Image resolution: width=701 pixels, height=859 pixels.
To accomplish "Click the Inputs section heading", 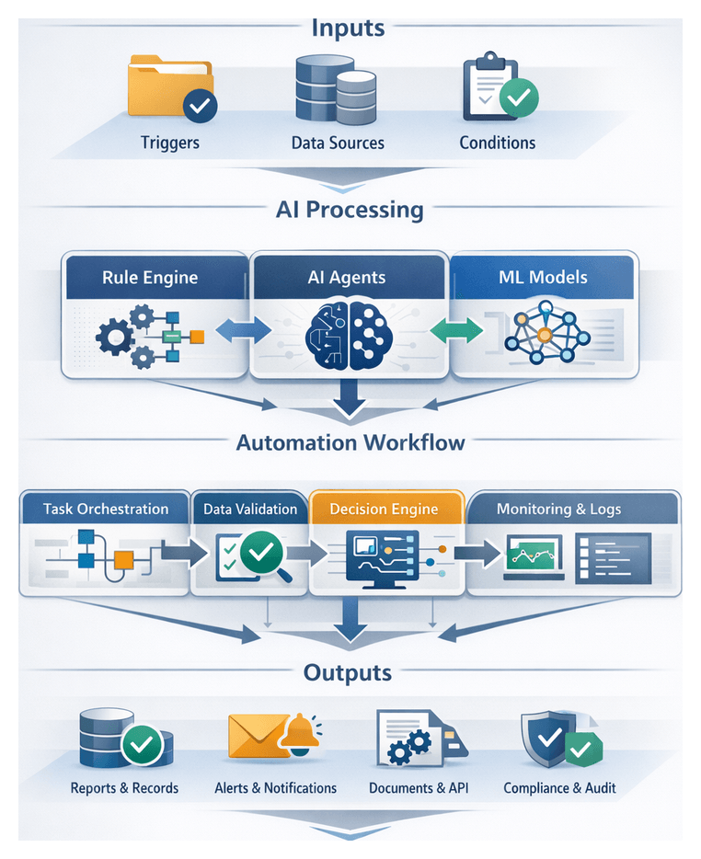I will (348, 27).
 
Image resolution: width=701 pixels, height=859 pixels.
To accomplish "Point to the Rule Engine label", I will (150, 277).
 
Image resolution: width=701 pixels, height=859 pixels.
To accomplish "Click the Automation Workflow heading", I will (350, 442).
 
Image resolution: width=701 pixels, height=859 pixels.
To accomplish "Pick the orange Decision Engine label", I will (384, 509).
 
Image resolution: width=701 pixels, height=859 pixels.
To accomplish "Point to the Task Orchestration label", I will (106, 509).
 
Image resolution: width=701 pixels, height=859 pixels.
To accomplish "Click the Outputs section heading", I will (349, 672).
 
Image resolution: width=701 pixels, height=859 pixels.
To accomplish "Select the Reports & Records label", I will (124, 788).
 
